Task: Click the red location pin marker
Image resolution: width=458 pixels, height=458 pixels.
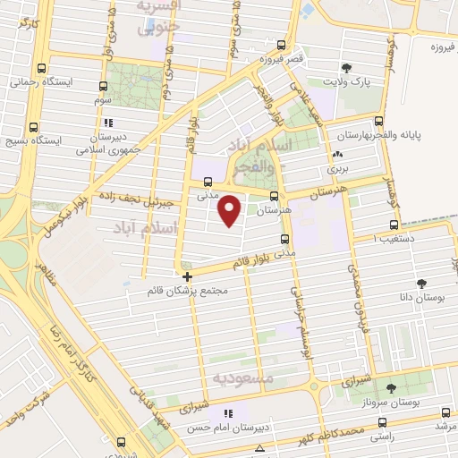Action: click(230, 209)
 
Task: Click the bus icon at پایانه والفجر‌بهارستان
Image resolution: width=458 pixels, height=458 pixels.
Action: click(379, 121)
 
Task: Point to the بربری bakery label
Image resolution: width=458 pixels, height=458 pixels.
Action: click(335, 167)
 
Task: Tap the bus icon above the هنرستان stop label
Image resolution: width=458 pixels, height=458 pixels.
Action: click(274, 197)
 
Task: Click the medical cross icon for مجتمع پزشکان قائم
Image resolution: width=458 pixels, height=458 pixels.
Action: click(186, 276)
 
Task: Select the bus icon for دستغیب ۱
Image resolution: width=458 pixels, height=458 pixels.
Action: click(391, 225)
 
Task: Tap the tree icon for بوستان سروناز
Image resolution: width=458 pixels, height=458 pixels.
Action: click(390, 388)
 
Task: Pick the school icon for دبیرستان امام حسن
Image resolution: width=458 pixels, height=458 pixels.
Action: click(228, 414)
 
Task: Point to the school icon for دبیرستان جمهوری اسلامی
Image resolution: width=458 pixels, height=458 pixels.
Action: click(108, 123)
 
